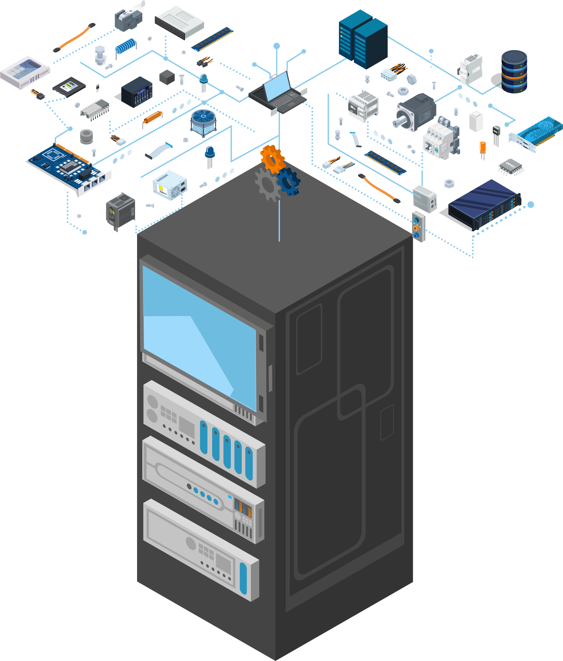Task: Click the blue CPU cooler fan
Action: click(203, 117)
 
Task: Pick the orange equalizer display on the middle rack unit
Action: click(243, 508)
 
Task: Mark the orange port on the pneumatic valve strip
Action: click(416, 228)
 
